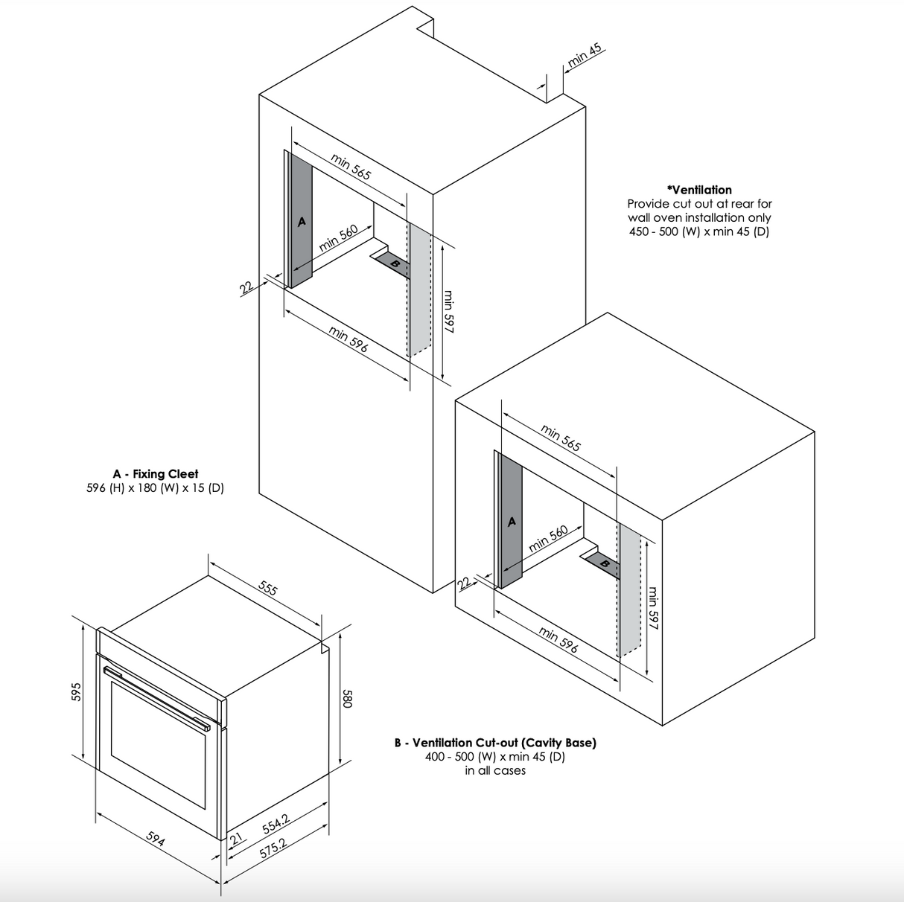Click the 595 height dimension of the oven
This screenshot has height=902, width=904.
76,692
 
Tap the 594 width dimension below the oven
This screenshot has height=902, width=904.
156,839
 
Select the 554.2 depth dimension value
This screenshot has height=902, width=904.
276,824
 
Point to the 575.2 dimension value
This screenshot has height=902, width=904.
273,849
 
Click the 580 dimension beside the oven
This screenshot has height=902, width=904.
348,698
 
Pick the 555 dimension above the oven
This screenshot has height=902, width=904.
268,588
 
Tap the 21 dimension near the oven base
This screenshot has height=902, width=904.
236,838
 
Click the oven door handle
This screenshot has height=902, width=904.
157,698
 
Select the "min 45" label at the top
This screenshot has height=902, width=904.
584,57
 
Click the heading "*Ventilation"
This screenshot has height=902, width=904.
699,190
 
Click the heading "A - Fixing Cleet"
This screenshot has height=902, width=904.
156,474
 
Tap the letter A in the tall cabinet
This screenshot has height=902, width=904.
302,221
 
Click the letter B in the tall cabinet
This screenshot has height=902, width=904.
395,264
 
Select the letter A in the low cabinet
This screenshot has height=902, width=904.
512,521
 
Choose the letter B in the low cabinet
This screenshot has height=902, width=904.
605,564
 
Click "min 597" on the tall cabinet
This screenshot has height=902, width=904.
448,311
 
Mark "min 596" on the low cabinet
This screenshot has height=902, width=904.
558,640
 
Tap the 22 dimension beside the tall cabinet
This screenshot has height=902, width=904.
246,287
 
